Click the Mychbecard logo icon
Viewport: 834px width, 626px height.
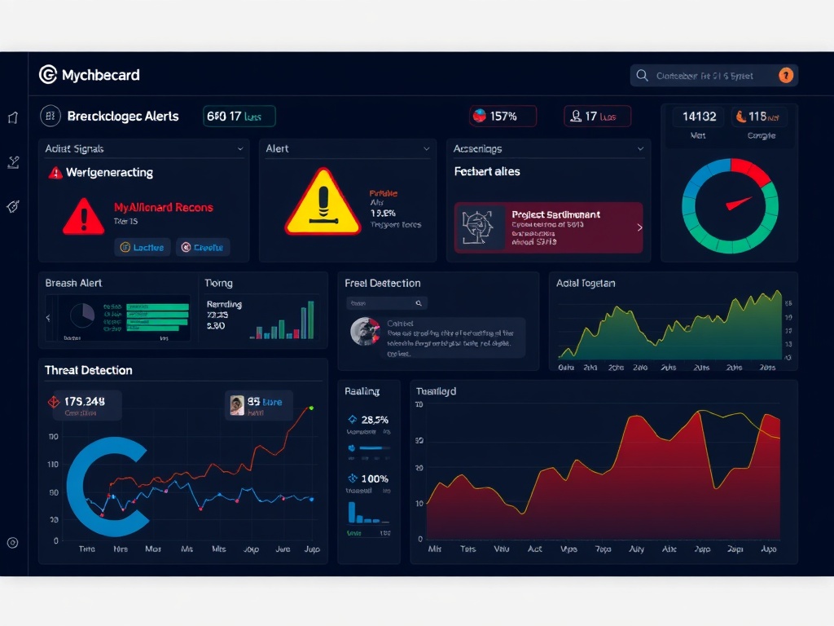tap(48, 75)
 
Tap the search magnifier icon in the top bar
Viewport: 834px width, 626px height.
tap(642, 76)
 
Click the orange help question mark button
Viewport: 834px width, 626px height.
tap(786, 76)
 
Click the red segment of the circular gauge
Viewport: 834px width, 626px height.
tap(750, 170)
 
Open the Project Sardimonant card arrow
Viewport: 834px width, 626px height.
tap(639, 228)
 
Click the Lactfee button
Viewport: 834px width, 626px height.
tap(142, 247)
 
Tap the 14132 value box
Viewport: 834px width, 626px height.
tap(699, 117)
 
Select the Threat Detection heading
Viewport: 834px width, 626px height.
tap(88, 370)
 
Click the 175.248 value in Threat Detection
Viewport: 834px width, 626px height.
tap(85, 401)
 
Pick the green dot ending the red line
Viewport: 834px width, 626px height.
tap(311, 407)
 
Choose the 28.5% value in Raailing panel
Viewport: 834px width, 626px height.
tap(374, 420)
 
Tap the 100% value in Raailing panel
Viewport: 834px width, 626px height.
tap(374, 478)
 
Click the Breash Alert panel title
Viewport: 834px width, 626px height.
tap(73, 283)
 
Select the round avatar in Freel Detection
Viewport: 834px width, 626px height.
tap(363, 331)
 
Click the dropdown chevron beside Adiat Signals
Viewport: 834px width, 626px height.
tap(240, 149)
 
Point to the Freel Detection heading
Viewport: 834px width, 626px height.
tap(383, 283)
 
